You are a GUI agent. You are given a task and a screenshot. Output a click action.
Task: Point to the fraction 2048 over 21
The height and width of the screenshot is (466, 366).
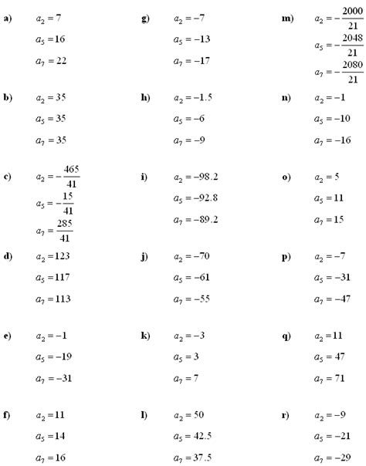coord(350,46)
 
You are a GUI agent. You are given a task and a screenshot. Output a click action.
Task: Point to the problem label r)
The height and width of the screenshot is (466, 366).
coord(286,416)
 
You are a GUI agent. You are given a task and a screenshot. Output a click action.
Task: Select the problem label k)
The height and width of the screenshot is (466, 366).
coord(145,336)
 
